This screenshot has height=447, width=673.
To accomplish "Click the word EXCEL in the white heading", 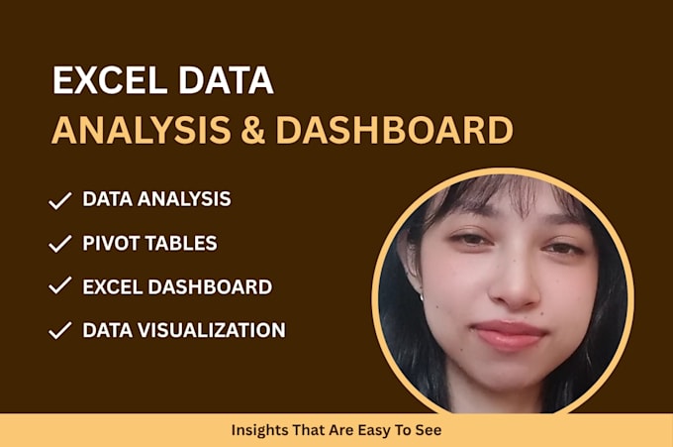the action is (110, 80).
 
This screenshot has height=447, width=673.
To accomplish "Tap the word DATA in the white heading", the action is (226, 80).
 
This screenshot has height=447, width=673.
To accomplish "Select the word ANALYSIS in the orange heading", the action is (142, 130).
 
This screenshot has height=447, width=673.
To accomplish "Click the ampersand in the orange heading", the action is (252, 130).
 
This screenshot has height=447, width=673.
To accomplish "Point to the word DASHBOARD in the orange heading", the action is (395, 130).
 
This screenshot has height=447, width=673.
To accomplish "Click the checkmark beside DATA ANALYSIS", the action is (59, 201).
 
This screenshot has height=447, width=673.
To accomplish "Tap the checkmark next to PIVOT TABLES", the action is (59, 243).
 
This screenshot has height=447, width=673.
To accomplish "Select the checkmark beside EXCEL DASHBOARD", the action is (59, 285).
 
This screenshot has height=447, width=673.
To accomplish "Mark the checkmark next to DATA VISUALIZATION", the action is (59, 330).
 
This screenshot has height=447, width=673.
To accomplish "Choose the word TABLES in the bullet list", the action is (181, 243).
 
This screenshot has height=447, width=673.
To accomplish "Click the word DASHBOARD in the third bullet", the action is (210, 287).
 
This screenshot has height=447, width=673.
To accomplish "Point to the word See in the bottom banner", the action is (428, 430).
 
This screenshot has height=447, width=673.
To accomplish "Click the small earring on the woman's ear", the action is (421, 295).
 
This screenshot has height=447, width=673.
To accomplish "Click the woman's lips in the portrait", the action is (509, 333).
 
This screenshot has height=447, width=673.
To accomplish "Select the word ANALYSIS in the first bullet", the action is (184, 199).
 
